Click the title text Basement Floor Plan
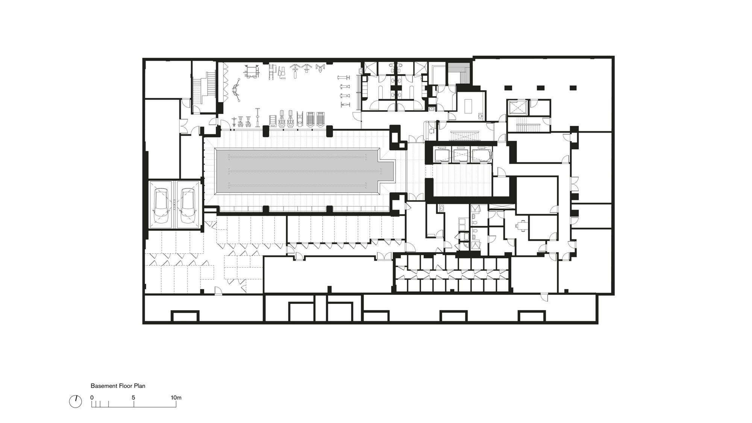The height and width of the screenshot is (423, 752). pyautogui.click(x=118, y=386)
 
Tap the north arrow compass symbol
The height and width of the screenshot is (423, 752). pyautogui.click(x=76, y=402)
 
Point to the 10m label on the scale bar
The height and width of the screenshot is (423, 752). pyautogui.click(x=176, y=397)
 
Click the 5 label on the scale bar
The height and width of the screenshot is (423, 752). pyautogui.click(x=133, y=397)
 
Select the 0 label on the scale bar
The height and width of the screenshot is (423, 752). pyautogui.click(x=92, y=397)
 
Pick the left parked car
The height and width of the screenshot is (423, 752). pyautogui.click(x=161, y=205)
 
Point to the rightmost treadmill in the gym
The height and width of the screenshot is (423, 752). pyautogui.click(x=320, y=119)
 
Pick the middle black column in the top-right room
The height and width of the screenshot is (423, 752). pyautogui.click(x=540, y=88)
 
